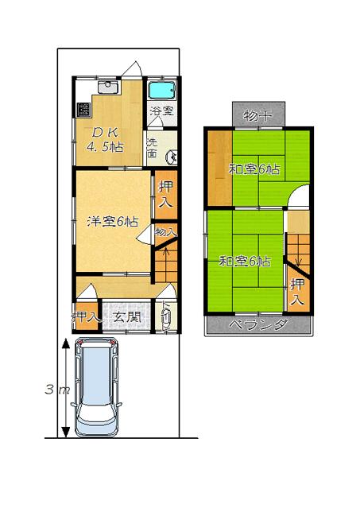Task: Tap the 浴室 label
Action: click(x=162, y=111)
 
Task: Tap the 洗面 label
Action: click(x=152, y=149)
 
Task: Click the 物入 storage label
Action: click(x=165, y=232)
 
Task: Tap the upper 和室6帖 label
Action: click(x=254, y=168)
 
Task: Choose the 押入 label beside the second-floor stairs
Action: click(x=296, y=291)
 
